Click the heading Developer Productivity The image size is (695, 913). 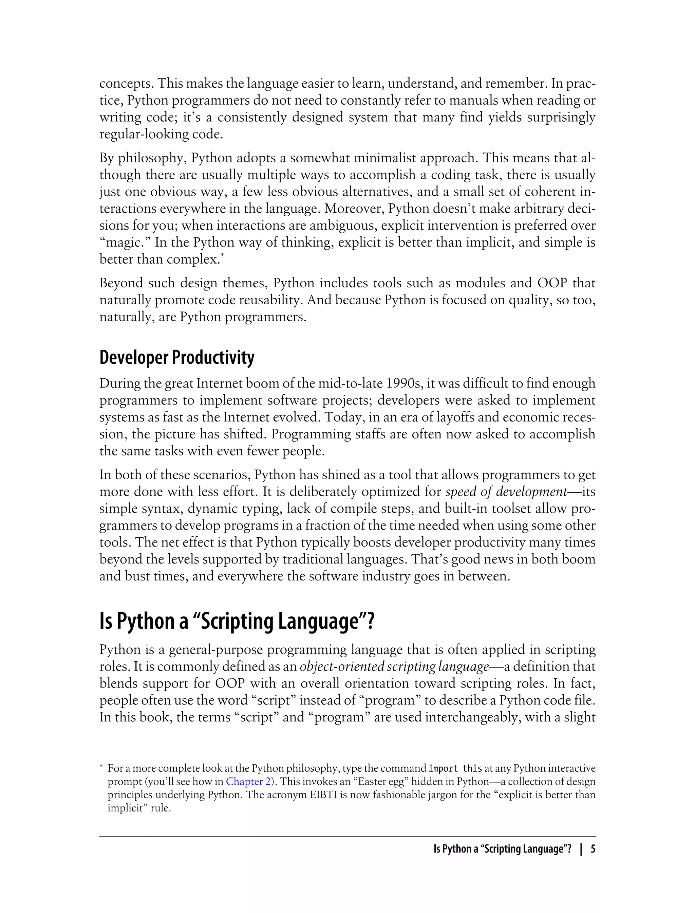click(177, 357)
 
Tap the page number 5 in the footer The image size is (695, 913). click(593, 849)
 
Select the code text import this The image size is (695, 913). click(455, 769)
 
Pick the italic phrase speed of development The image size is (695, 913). click(506, 491)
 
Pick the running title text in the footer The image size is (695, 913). click(502, 849)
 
